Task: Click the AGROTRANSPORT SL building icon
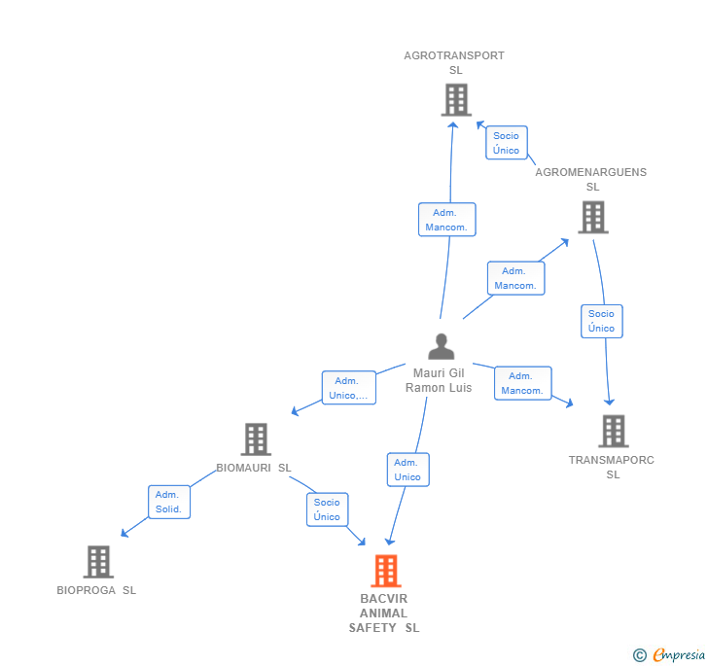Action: point(455,100)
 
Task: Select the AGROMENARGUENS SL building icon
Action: point(592,217)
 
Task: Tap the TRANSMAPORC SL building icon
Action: point(613,431)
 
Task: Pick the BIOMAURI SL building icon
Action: point(255,439)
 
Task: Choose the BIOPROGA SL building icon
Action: point(97,562)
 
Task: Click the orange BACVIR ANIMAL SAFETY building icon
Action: point(386,571)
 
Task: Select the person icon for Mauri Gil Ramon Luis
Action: point(442,346)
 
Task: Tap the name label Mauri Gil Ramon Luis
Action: point(441,380)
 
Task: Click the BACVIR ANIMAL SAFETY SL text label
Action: point(384,613)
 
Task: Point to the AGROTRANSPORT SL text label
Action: point(454,62)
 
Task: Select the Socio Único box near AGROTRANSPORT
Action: point(506,143)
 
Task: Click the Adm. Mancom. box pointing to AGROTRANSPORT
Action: point(446,220)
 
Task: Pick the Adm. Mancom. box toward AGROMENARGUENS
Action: point(515,278)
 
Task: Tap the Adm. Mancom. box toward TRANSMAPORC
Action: point(522,383)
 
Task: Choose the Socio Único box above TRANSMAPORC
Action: point(601,321)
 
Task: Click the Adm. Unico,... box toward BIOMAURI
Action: point(349,388)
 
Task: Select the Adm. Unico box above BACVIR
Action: point(407,470)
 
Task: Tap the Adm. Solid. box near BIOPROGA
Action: point(168,502)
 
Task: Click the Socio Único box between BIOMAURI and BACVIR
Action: point(327,509)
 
